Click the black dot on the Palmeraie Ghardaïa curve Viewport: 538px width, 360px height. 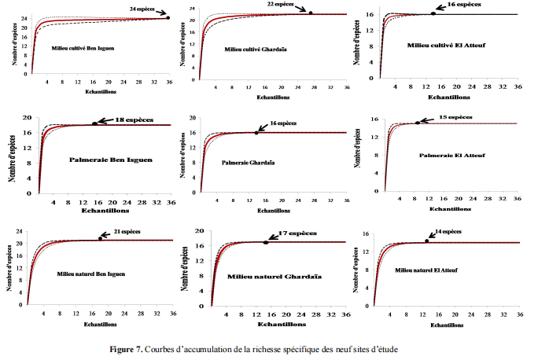[256, 132]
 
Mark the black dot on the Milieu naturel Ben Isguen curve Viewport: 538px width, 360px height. [100, 238]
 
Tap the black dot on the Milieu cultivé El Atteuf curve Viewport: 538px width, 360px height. [433, 13]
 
